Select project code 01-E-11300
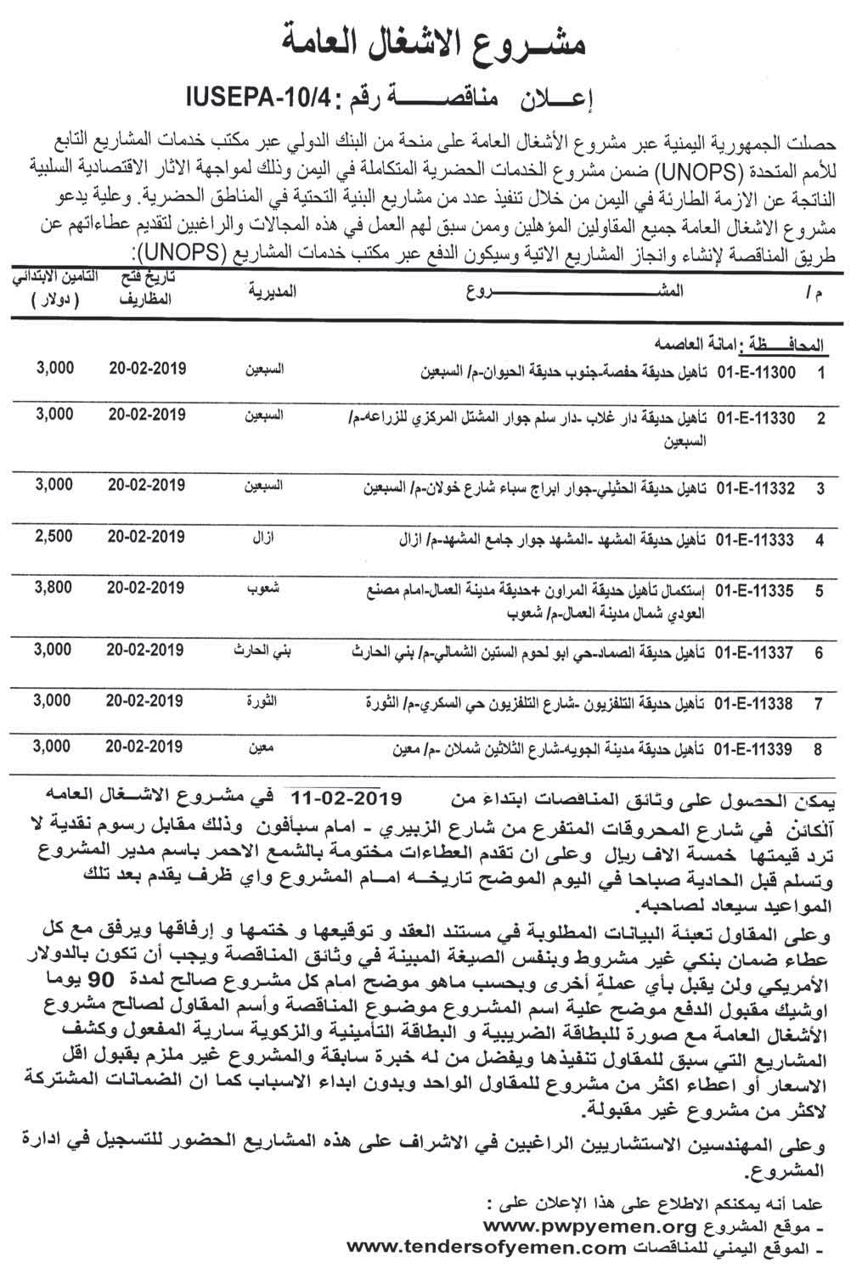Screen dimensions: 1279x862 (x=755, y=372)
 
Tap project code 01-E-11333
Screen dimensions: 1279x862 (x=755, y=538)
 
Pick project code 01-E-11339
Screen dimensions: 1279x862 (x=755, y=749)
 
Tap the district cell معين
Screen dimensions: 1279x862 (x=262, y=748)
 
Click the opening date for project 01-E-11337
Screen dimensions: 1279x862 (x=147, y=651)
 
